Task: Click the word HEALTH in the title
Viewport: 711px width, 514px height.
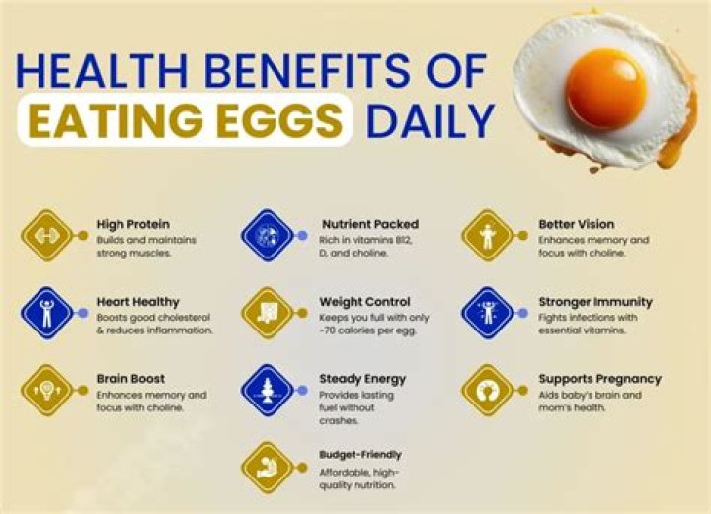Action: (x=99, y=74)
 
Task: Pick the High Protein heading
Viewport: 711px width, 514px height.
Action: (x=131, y=224)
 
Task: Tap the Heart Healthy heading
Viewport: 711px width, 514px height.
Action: (x=136, y=301)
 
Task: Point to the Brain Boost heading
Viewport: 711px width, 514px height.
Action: (x=130, y=378)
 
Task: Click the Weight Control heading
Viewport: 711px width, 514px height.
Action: (x=364, y=301)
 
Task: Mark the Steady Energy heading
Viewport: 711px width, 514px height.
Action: (x=362, y=378)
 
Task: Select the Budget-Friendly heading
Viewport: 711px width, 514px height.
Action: (x=360, y=455)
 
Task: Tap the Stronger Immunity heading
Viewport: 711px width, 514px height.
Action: (x=595, y=301)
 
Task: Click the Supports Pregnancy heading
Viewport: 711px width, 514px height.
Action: (x=599, y=378)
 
